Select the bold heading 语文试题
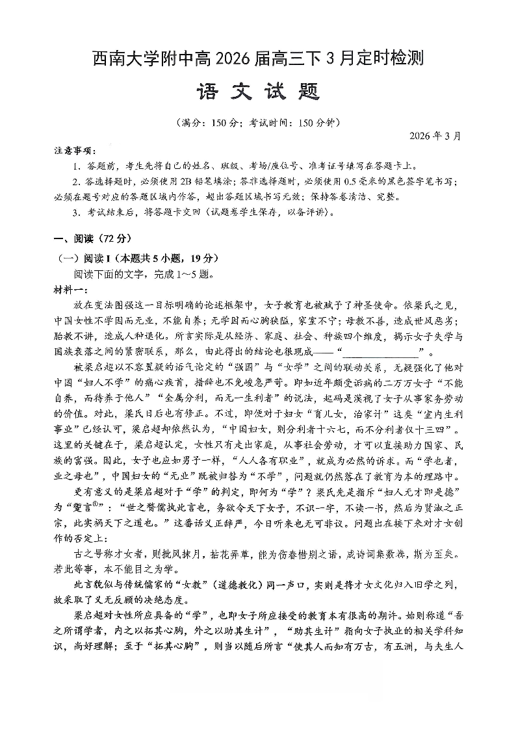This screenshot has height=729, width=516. pos(257,92)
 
